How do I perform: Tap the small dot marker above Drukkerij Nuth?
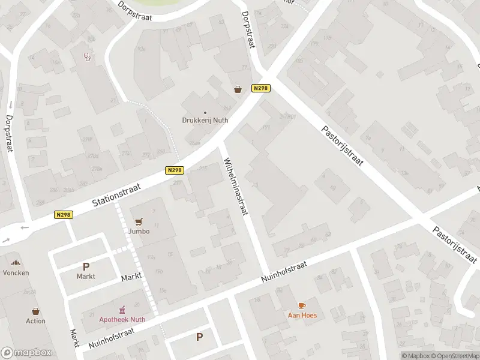[205, 112]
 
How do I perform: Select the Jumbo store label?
[139, 231]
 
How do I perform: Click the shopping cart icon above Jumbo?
[139, 221]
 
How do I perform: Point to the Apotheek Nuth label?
[122, 319]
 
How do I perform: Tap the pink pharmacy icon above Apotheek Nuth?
[122, 310]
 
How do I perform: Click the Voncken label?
[16, 272]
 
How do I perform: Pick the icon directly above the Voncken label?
[16, 263]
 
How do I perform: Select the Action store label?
[35, 321]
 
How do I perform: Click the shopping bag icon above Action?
[35, 311]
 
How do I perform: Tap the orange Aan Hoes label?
[302, 315]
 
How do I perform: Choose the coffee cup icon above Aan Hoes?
[302, 305]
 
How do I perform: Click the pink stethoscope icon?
[88, 57]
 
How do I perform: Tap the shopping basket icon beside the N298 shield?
[238, 89]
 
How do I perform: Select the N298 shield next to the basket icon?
[260, 88]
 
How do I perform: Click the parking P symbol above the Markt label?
[86, 266]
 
